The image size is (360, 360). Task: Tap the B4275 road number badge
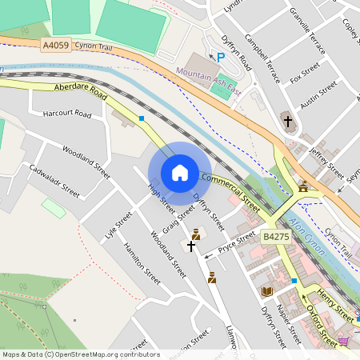[x=274, y=237]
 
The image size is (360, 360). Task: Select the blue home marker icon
[x=180, y=173]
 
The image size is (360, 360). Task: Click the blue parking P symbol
[x=221, y=57]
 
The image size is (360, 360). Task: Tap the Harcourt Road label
[x=68, y=114]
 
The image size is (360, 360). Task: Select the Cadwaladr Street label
[x=54, y=181]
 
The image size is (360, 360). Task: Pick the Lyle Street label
[x=118, y=226]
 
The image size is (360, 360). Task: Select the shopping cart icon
[x=343, y=341]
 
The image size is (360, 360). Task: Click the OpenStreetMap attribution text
[x=80, y=354]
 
